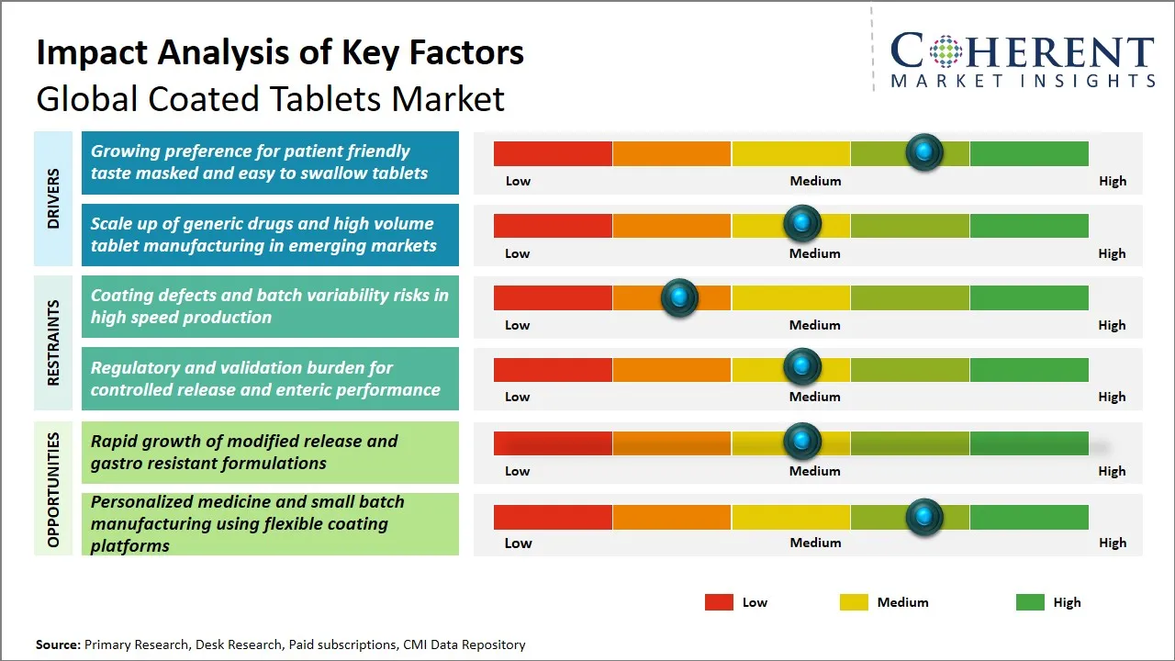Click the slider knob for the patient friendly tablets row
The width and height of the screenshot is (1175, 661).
[923, 151]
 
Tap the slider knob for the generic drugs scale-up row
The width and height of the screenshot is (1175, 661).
[802, 223]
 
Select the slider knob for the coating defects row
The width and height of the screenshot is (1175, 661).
[679, 297]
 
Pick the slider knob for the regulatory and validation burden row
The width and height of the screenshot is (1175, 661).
[802, 367]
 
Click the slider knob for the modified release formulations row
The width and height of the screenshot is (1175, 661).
[802, 442]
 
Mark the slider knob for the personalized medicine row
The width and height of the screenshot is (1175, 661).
[923, 517]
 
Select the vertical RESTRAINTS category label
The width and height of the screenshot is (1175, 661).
[53, 342]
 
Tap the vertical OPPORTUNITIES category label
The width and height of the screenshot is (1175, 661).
[53, 489]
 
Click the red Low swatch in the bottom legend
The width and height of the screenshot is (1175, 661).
[719, 602]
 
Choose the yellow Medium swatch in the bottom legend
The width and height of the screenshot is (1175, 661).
[854, 602]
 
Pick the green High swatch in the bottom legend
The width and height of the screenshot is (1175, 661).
[1030, 602]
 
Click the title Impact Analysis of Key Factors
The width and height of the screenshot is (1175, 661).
[280, 53]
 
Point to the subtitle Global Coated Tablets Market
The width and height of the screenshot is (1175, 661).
[271, 98]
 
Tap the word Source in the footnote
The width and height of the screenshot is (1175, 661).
[58, 644]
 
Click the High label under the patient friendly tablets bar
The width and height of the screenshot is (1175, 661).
[1112, 181]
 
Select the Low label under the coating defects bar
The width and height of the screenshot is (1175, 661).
[518, 325]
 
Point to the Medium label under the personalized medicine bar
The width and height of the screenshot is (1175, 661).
[815, 543]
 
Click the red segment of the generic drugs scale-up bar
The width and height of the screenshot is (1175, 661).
[553, 226]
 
